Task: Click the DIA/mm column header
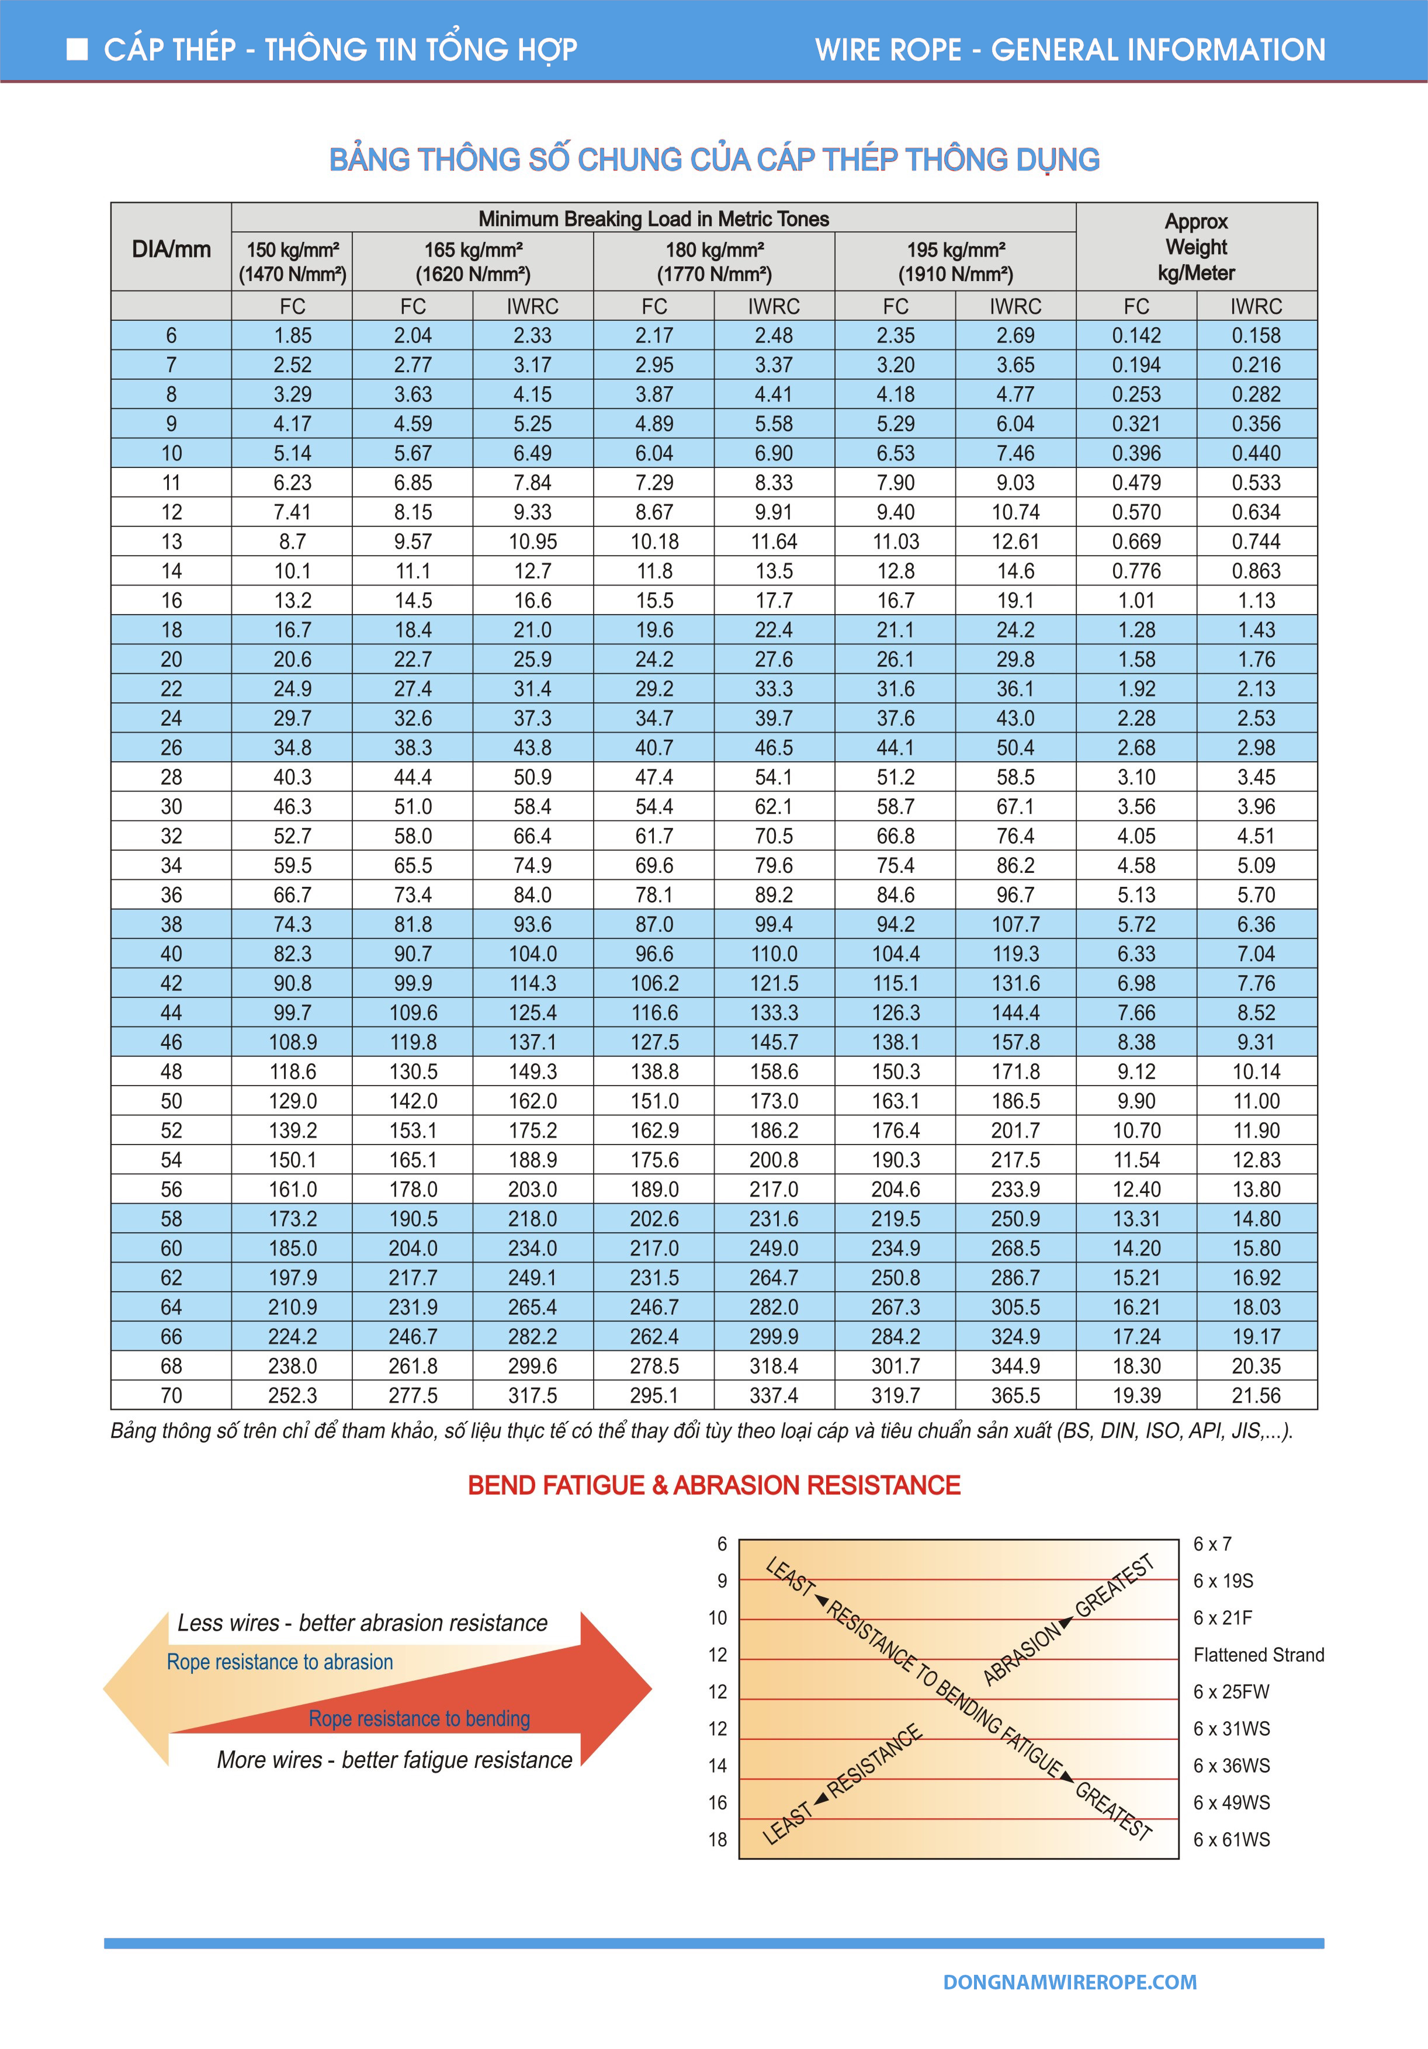[x=171, y=249]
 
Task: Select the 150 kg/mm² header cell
[x=293, y=262]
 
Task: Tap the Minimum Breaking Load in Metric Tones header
[x=653, y=219]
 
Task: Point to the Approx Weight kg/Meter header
[x=1196, y=247]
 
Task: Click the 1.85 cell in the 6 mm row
[x=293, y=335]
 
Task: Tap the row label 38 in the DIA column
[x=171, y=924]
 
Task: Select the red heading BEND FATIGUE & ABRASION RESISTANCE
[x=714, y=1485]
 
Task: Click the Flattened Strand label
[x=1259, y=1655]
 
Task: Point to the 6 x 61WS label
[x=1232, y=1839]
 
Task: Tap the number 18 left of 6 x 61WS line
[x=718, y=1839]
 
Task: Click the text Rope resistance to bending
[x=420, y=1718]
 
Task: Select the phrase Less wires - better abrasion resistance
[x=362, y=1622]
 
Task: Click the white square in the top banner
[x=78, y=49]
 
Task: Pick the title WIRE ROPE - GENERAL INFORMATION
[x=1070, y=49]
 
